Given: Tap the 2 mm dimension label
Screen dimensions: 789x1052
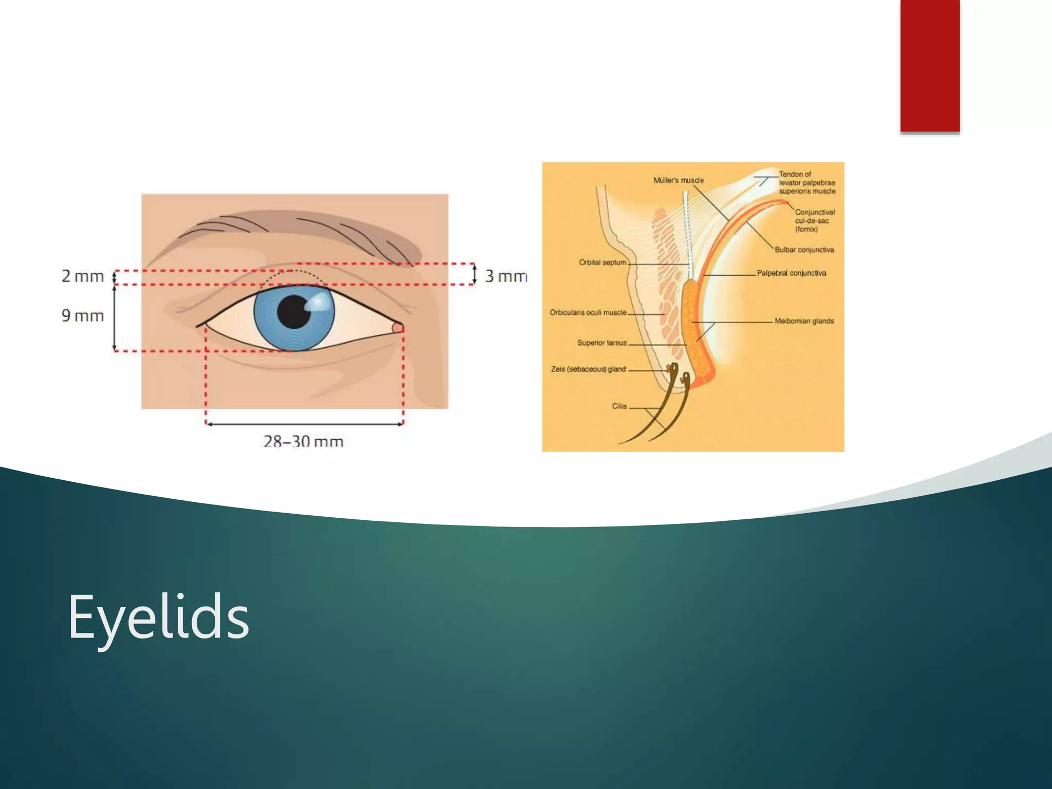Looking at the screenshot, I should click(83, 276).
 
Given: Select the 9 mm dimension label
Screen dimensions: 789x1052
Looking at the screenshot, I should click(83, 315).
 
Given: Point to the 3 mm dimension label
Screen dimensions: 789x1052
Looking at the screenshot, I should click(505, 276).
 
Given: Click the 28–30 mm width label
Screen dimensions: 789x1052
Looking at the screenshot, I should click(303, 441).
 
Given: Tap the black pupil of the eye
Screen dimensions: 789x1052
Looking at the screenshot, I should click(293, 312).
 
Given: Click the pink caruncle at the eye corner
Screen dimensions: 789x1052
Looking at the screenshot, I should click(398, 328).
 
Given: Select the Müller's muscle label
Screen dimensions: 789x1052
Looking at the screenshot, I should click(678, 180).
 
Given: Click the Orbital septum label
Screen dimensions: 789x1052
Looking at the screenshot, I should click(603, 262).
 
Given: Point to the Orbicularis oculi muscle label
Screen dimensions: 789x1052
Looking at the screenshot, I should click(588, 312).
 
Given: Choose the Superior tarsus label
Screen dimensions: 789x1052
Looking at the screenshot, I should click(602, 343).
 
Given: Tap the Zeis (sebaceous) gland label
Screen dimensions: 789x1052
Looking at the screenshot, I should click(588, 369).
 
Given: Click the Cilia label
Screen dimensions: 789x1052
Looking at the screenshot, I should click(619, 406).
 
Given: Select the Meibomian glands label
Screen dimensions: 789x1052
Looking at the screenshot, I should click(804, 321).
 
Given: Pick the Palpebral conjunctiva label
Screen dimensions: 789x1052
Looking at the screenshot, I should click(792, 273).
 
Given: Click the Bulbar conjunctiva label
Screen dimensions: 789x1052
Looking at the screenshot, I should click(804, 250).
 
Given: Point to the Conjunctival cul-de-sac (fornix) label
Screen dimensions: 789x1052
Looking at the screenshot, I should click(814, 220).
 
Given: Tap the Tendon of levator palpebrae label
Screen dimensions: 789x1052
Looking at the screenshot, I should click(806, 183).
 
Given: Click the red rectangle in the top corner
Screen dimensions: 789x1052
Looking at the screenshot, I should click(930, 66).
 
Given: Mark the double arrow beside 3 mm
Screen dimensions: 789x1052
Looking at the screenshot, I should click(475, 274).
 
